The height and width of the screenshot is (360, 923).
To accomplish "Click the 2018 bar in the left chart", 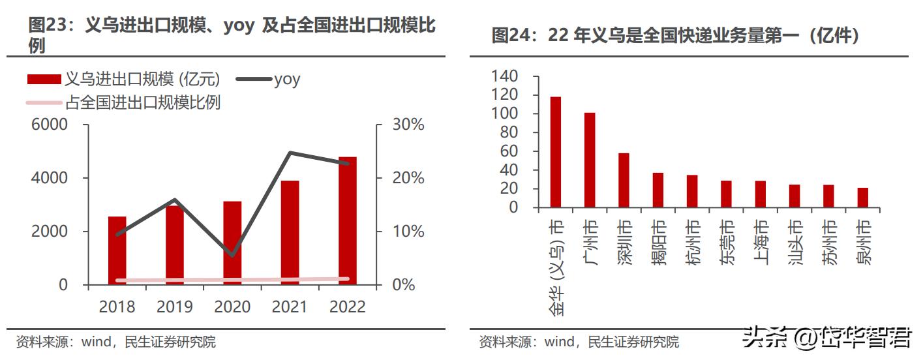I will point(117,250).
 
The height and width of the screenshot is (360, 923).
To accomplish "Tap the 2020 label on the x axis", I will point(232,307).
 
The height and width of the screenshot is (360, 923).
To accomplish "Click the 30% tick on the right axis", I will point(408,125).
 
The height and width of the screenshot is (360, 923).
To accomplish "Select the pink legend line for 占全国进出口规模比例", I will point(44,102).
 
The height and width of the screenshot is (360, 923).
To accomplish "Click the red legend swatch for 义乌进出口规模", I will point(44,80).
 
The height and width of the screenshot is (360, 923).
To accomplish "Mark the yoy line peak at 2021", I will point(290,153).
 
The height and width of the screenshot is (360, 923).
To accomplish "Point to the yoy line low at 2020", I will point(232,255).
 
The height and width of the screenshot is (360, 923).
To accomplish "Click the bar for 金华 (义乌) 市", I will point(555,152).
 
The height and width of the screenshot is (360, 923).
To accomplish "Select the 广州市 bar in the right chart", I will point(590,160).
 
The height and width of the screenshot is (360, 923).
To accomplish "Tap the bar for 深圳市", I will point(624,180).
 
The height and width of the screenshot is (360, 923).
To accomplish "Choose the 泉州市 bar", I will point(863,198).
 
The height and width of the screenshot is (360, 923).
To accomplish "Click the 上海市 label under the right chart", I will point(761,242).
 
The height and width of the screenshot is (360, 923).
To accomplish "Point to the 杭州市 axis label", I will point(692,242).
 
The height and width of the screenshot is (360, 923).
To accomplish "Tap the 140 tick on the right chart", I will point(504,77).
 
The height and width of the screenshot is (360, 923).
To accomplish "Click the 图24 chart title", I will point(675,35).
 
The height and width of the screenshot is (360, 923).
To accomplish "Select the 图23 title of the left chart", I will point(232,35).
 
